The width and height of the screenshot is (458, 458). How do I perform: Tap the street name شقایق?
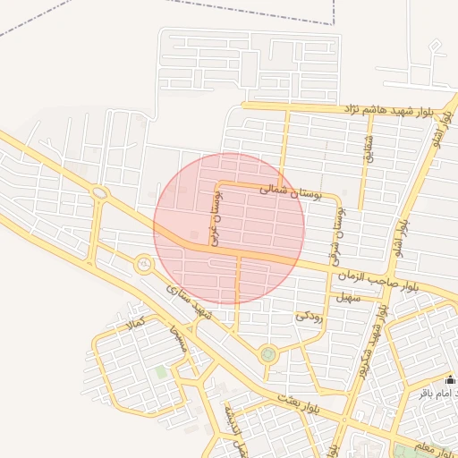click(x=367, y=148)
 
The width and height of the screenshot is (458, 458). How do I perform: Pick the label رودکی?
click(x=307, y=316)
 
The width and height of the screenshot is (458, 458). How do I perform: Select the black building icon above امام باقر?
click(x=450, y=379)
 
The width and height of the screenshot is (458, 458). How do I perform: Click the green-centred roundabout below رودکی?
click(x=267, y=355)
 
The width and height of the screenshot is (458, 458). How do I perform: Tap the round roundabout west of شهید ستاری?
click(x=143, y=264)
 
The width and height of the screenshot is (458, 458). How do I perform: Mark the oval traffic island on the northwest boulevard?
click(x=99, y=192)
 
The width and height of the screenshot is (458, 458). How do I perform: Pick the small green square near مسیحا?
click(x=161, y=371)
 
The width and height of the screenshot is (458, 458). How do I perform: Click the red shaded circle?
click(x=229, y=228)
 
